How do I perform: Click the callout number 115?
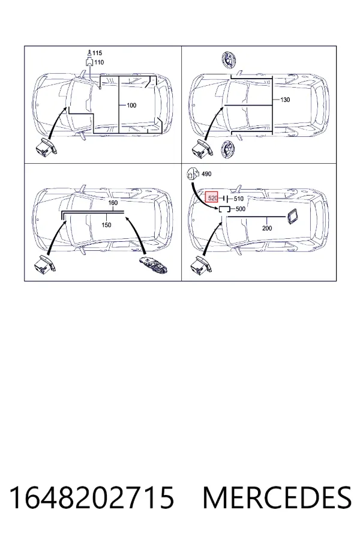tap(97, 53)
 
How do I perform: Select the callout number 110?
tap(99, 62)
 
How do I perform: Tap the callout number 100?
tap(131, 105)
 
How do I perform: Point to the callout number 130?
tap(285, 100)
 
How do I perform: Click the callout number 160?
tap(113, 203)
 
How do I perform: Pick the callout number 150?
tap(106, 225)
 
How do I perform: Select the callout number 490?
tap(206, 174)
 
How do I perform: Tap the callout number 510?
tap(238, 199)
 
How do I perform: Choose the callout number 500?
tap(241, 209)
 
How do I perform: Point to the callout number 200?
tap(267, 228)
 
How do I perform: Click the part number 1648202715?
tap(91, 497)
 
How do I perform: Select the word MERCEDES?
tap(277, 497)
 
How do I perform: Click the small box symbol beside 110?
tap(89, 62)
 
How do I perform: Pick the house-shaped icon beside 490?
tap(193, 174)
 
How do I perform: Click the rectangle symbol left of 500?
tap(224, 209)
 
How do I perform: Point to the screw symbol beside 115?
tap(89, 53)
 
